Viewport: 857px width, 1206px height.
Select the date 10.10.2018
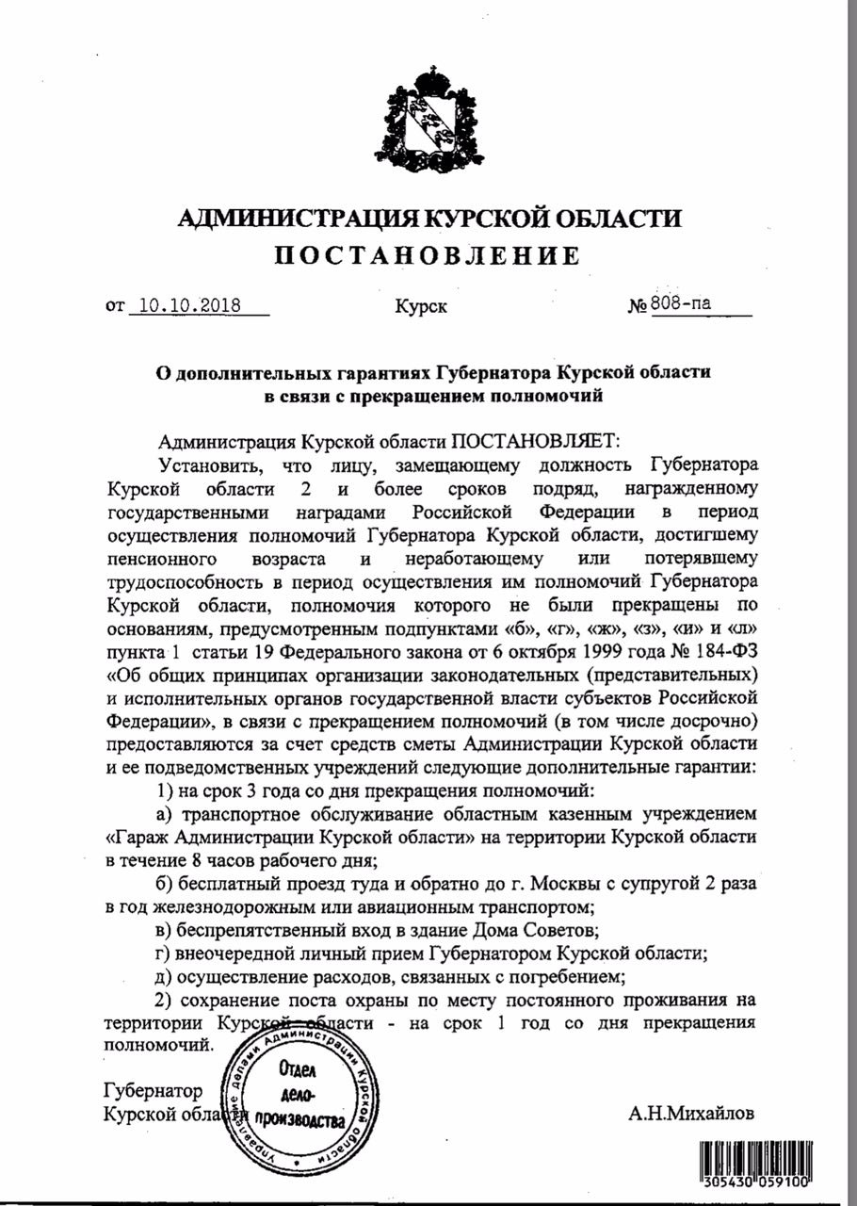pyautogui.click(x=186, y=305)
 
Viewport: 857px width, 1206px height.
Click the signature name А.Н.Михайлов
pyautogui.click(x=691, y=1114)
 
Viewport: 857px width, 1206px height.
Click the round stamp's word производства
pyautogui.click(x=309, y=1123)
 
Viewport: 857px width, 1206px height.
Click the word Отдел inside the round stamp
pyautogui.click(x=299, y=1070)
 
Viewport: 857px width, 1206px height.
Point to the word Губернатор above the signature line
pyautogui.click(x=152, y=1091)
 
